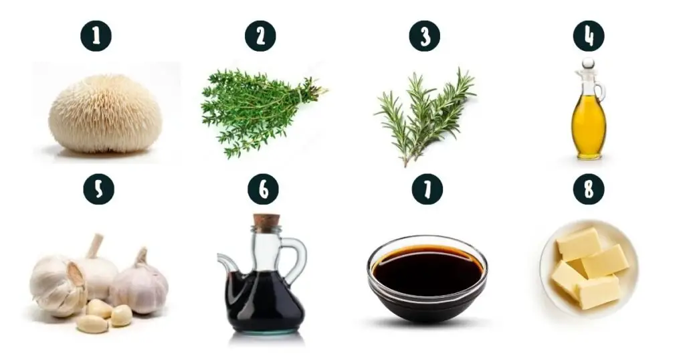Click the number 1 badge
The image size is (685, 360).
pyautogui.click(x=96, y=36)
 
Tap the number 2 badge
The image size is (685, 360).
pyautogui.click(x=260, y=36)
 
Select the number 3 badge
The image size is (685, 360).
pyautogui.click(x=425, y=36)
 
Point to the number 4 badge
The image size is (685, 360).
pyautogui.click(x=589, y=36)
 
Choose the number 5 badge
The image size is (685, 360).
pyautogui.click(x=99, y=189)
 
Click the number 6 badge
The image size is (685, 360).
pyautogui.click(x=263, y=189)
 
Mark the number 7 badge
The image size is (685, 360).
pyautogui.click(x=427, y=189)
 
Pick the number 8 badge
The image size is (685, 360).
pyautogui.click(x=589, y=189)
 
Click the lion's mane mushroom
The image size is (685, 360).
pyautogui.click(x=105, y=114)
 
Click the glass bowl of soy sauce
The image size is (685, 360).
pyautogui.click(x=427, y=278)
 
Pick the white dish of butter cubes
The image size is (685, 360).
pyautogui.click(x=589, y=268)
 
